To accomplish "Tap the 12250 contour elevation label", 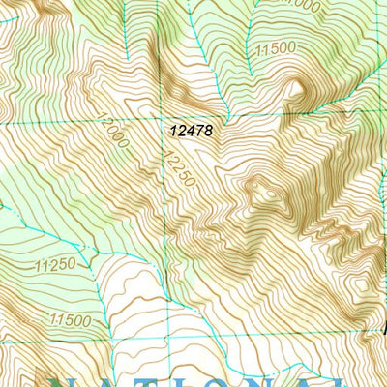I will click(x=180, y=166).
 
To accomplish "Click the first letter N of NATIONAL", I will click(x=67, y=377).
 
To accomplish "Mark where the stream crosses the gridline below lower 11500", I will click(x=98, y=342).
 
